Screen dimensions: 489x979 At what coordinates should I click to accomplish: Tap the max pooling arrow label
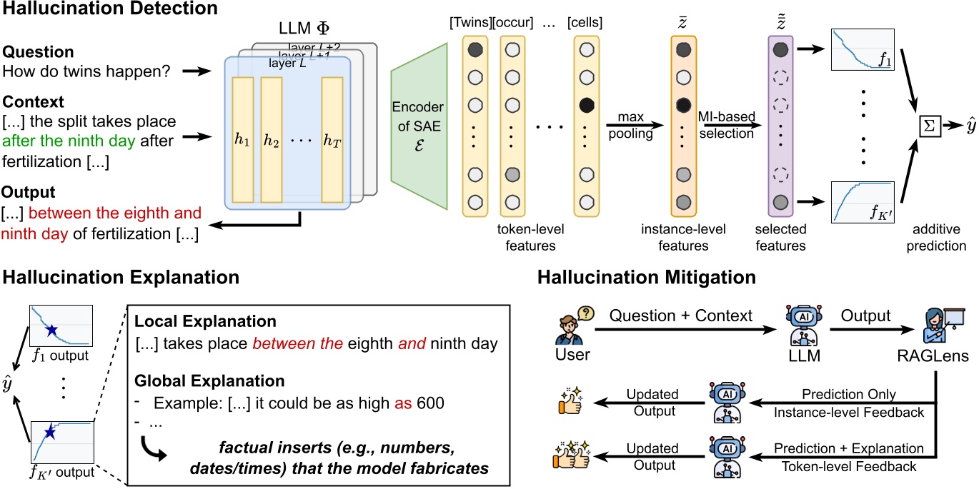[630, 126]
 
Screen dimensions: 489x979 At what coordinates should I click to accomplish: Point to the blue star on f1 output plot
[51, 331]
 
